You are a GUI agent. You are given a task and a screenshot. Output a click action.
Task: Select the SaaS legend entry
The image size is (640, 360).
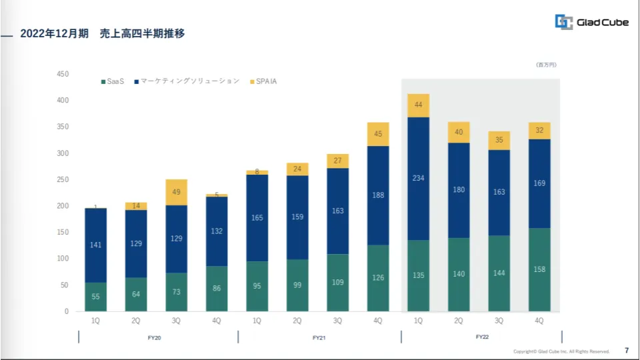(113, 81)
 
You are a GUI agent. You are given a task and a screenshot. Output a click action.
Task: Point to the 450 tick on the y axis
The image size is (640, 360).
(63, 74)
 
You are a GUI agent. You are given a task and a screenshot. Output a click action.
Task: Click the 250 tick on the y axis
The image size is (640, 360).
(63, 179)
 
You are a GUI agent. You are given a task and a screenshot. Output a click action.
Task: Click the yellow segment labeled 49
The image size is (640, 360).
(176, 192)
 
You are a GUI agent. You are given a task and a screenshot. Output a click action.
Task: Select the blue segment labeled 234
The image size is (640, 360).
(418, 178)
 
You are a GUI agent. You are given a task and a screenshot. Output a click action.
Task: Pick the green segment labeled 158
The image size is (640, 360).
(539, 269)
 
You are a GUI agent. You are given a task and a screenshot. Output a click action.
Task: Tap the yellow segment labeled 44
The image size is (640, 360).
(418, 105)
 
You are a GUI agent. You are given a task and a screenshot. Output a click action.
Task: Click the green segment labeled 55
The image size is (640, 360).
(95, 297)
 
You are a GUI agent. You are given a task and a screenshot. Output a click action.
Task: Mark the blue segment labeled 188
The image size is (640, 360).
(378, 195)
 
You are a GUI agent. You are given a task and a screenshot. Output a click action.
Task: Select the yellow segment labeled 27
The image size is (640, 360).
(337, 161)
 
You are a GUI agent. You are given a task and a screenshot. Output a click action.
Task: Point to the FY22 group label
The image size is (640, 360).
(482, 337)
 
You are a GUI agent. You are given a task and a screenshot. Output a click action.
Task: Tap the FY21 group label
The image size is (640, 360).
(319, 338)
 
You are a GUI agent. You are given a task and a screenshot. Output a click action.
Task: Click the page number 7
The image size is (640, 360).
(626, 351)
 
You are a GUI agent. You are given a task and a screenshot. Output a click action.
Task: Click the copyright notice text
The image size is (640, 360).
(561, 351)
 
